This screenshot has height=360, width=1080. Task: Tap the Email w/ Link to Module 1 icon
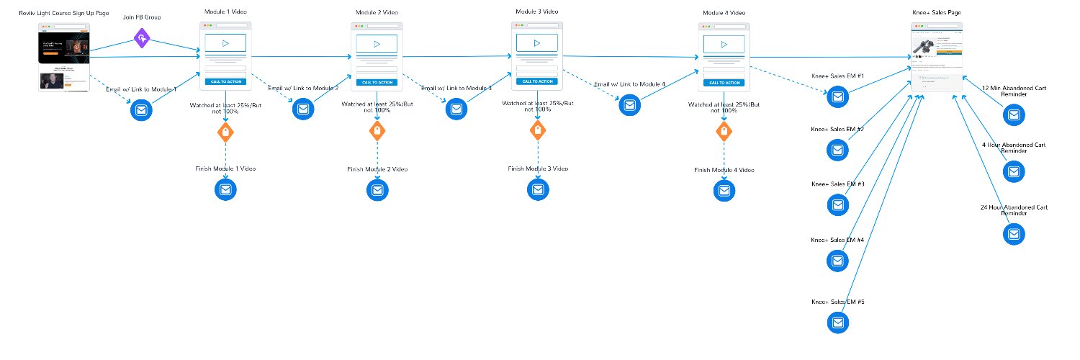point(141,111)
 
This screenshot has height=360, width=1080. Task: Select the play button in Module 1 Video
point(225,43)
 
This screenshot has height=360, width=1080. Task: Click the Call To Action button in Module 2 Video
point(377,82)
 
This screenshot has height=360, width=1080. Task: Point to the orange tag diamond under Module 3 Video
point(537,130)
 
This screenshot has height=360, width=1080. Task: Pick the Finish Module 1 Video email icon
point(225,190)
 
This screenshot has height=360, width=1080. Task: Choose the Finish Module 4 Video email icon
point(724,190)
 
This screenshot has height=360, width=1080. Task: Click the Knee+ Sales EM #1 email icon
point(838,96)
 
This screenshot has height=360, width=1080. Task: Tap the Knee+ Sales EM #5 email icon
point(838,323)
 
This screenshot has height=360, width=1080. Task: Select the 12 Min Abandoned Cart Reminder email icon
point(1014,114)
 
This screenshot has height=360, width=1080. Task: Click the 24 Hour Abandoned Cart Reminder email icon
point(1014,234)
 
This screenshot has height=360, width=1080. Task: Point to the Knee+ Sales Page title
point(936,13)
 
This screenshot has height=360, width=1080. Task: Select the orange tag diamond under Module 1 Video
point(225,132)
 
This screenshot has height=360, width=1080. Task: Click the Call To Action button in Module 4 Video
point(724,82)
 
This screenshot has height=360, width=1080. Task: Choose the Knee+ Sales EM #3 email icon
point(838,205)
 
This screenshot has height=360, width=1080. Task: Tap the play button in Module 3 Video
point(537,42)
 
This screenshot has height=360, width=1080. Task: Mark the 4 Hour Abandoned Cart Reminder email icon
point(1014,171)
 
